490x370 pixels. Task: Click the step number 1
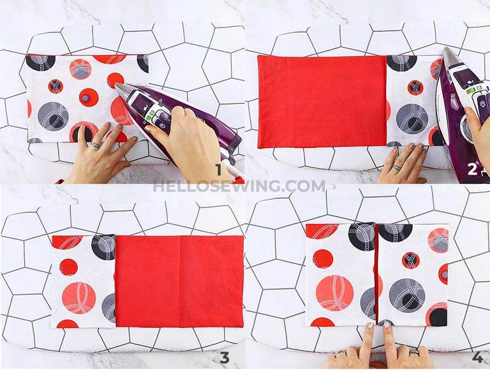219,169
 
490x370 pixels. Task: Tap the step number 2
472,169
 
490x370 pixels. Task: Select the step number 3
224,357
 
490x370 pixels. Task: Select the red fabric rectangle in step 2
322,102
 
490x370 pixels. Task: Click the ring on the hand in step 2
397,166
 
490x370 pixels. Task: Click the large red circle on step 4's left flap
334,292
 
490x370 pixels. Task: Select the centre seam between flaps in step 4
376,274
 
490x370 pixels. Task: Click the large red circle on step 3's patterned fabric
79,297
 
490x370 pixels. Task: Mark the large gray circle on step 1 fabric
53,115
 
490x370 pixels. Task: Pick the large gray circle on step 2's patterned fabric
412,118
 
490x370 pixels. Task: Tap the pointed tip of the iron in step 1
117,85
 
